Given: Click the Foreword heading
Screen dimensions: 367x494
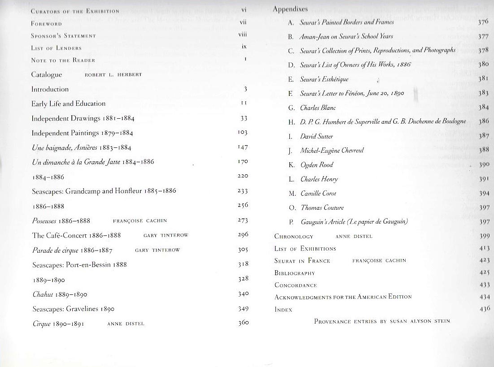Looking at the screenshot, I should pos(47,23).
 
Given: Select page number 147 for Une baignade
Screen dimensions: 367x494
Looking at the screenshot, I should pos(243,147).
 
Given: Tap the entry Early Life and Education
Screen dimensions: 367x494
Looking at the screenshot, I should pos(68,104).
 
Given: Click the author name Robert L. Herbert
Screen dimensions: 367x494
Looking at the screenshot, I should pos(113,75).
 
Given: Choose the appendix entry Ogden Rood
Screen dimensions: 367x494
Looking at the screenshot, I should pos(316,165).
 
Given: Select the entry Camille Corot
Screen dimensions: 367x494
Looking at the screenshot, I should pos(318,194).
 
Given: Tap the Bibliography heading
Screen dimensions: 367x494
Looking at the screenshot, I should pos(294,273).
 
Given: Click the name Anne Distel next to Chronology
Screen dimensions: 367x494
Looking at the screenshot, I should pos(354,237).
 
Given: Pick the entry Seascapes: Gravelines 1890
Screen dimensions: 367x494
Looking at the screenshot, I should pos(73,309).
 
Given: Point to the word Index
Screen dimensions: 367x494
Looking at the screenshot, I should pos(283,309).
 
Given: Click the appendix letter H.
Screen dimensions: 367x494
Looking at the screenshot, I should pos(291,122).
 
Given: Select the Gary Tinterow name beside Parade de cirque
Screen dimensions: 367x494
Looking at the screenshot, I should pos(157,250).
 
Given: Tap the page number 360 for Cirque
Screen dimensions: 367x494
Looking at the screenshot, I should pos(243,323).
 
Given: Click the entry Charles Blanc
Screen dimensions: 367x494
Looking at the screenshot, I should pos(318,108).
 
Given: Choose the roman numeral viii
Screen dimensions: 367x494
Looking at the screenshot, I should pos(243,34).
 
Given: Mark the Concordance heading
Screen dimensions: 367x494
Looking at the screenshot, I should pos(295,285).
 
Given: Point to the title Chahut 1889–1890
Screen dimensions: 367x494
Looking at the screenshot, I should pos(60,294).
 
